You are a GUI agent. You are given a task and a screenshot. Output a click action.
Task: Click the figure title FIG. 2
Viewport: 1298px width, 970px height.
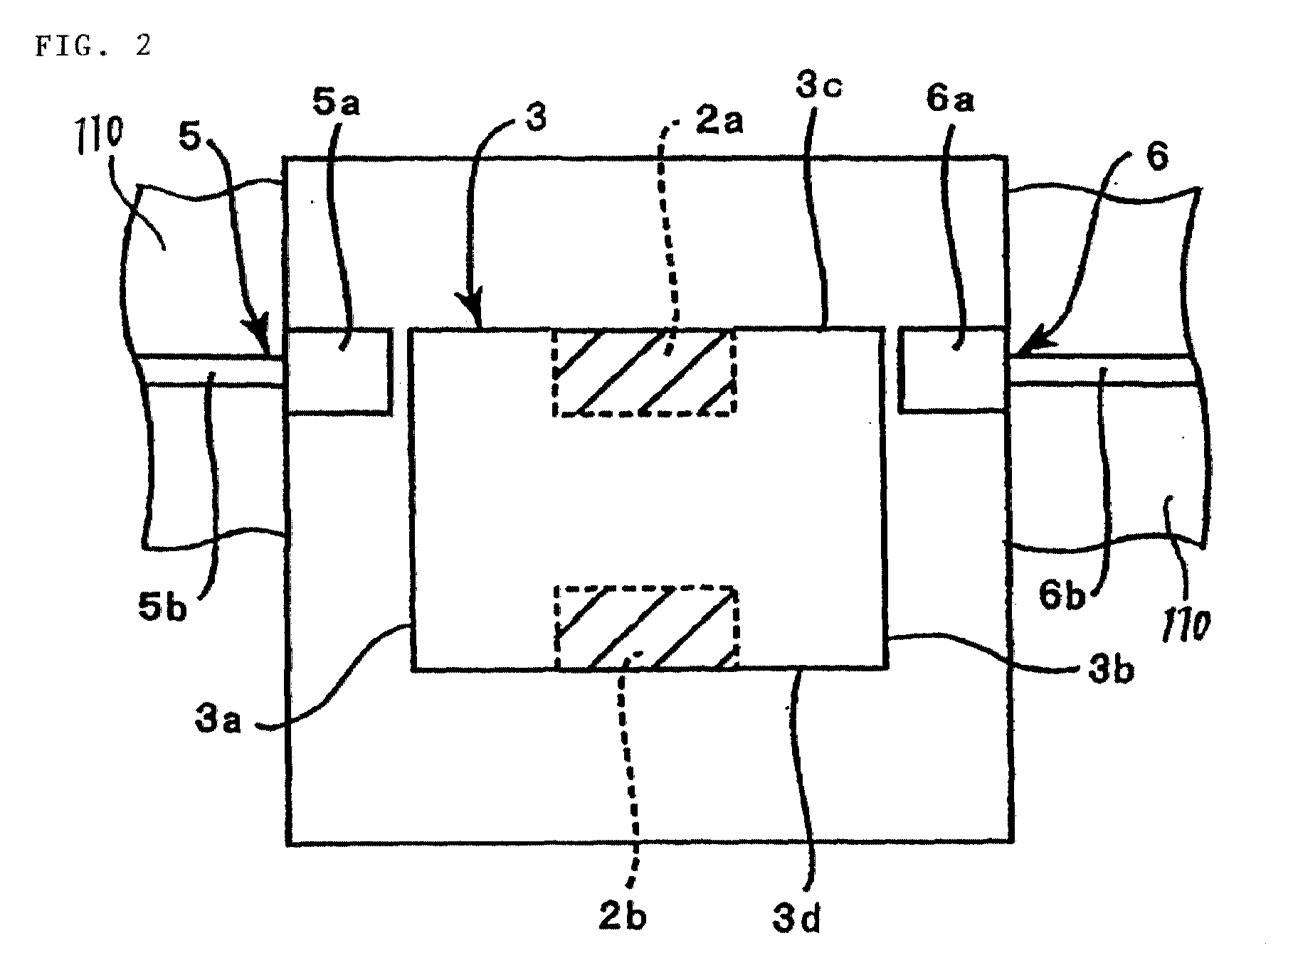(x=93, y=47)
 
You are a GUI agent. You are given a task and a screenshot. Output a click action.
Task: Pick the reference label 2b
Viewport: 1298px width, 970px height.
(x=623, y=917)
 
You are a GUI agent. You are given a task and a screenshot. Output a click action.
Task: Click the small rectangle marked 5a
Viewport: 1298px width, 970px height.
(x=339, y=370)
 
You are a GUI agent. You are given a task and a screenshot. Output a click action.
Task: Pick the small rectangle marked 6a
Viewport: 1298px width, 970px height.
(x=952, y=369)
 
